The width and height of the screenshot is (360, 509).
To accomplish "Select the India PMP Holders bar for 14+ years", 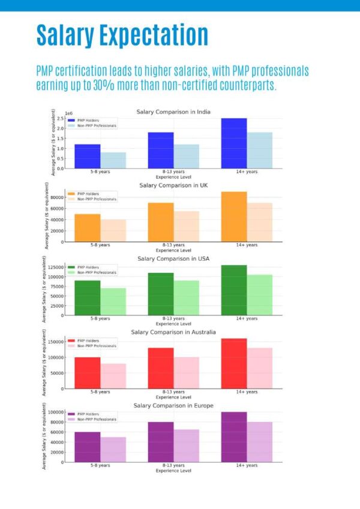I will tap(234, 143).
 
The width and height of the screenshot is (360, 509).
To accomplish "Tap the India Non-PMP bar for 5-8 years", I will tap(113, 160).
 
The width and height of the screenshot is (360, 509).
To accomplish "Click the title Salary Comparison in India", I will tap(173, 112).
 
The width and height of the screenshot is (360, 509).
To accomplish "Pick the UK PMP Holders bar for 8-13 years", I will tap(161, 222).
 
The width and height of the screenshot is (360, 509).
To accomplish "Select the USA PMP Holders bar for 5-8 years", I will tap(88, 298).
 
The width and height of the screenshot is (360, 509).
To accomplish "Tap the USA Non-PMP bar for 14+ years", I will tap(260, 295).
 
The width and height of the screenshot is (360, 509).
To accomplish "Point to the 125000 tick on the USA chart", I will tap(55, 266).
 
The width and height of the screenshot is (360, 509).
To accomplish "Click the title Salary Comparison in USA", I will tap(173, 259).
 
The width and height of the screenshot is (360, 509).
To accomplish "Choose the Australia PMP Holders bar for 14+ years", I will tap(234, 363).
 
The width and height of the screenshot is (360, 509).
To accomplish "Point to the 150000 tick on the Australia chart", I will tap(55, 342).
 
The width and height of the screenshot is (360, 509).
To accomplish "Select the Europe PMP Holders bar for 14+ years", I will tap(234, 437).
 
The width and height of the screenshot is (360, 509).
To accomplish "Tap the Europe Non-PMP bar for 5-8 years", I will tap(113, 450).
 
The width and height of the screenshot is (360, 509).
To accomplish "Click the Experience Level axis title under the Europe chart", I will tap(173, 471).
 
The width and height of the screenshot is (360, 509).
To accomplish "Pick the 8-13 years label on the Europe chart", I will tap(173, 465).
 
